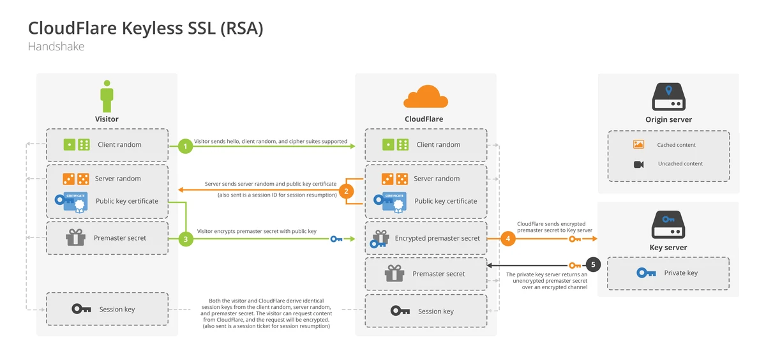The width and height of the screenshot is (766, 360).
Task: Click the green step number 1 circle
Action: click(185, 146)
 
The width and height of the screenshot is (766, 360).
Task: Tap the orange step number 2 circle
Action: click(346, 191)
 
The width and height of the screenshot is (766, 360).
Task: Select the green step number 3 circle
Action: click(185, 239)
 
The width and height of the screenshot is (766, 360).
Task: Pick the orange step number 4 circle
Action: click(508, 239)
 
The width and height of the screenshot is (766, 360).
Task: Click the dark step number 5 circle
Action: click(594, 264)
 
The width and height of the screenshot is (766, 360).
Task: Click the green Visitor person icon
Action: click(107, 96)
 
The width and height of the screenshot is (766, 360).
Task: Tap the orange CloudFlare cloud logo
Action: click(425, 97)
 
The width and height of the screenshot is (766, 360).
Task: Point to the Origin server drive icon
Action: click(668, 98)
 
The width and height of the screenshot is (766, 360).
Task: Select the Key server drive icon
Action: click(668, 226)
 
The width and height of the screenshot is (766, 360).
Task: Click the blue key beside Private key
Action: click(646, 273)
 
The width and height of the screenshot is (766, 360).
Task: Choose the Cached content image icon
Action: click(638, 145)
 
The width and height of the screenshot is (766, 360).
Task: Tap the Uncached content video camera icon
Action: click(638, 164)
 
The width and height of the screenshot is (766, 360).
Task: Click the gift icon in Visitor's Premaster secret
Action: click(75, 238)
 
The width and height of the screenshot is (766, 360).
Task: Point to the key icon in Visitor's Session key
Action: click(81, 310)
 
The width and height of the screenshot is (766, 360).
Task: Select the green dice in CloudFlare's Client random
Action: click(396, 145)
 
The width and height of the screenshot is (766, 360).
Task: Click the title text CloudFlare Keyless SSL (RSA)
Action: click(146, 29)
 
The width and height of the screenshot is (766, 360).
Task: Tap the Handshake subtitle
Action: click(56, 47)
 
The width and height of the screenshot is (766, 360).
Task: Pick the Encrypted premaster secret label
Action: click(437, 238)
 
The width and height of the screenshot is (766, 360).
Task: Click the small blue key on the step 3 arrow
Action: click(336, 239)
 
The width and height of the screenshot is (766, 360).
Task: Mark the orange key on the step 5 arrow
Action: click(574, 264)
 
